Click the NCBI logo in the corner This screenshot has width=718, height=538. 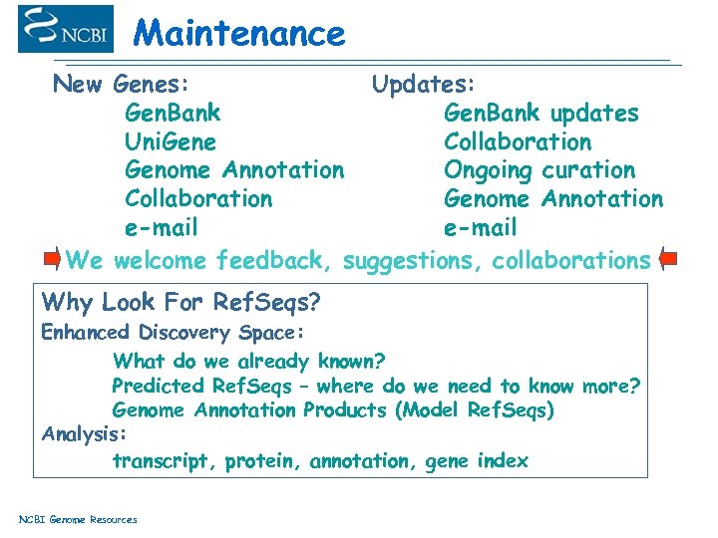pyautogui.click(x=66, y=29)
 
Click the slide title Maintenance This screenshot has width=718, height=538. pyautogui.click(x=239, y=34)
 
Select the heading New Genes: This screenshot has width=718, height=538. pyautogui.click(x=124, y=84)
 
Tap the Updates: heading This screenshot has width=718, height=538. pyautogui.click(x=424, y=84)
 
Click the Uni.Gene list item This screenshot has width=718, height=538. pyautogui.click(x=170, y=141)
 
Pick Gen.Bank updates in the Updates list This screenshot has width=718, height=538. pyautogui.click(x=540, y=113)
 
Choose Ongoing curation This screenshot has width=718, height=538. pyautogui.click(x=538, y=170)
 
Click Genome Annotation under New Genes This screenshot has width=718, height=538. pyautogui.click(x=233, y=170)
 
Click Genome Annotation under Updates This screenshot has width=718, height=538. pyautogui.click(x=552, y=199)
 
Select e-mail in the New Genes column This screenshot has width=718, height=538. pyautogui.click(x=161, y=228)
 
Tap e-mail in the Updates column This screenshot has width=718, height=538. pyautogui.click(x=480, y=228)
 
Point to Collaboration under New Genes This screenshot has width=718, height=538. pyautogui.click(x=197, y=199)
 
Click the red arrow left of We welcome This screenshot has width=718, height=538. pyautogui.click(x=53, y=260)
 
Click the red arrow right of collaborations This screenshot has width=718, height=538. pyautogui.click(x=667, y=260)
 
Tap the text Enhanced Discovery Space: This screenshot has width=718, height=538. pyautogui.click(x=173, y=333)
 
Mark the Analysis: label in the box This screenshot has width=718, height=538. pyautogui.click(x=85, y=434)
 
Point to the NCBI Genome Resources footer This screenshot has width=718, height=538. pyautogui.click(x=79, y=519)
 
